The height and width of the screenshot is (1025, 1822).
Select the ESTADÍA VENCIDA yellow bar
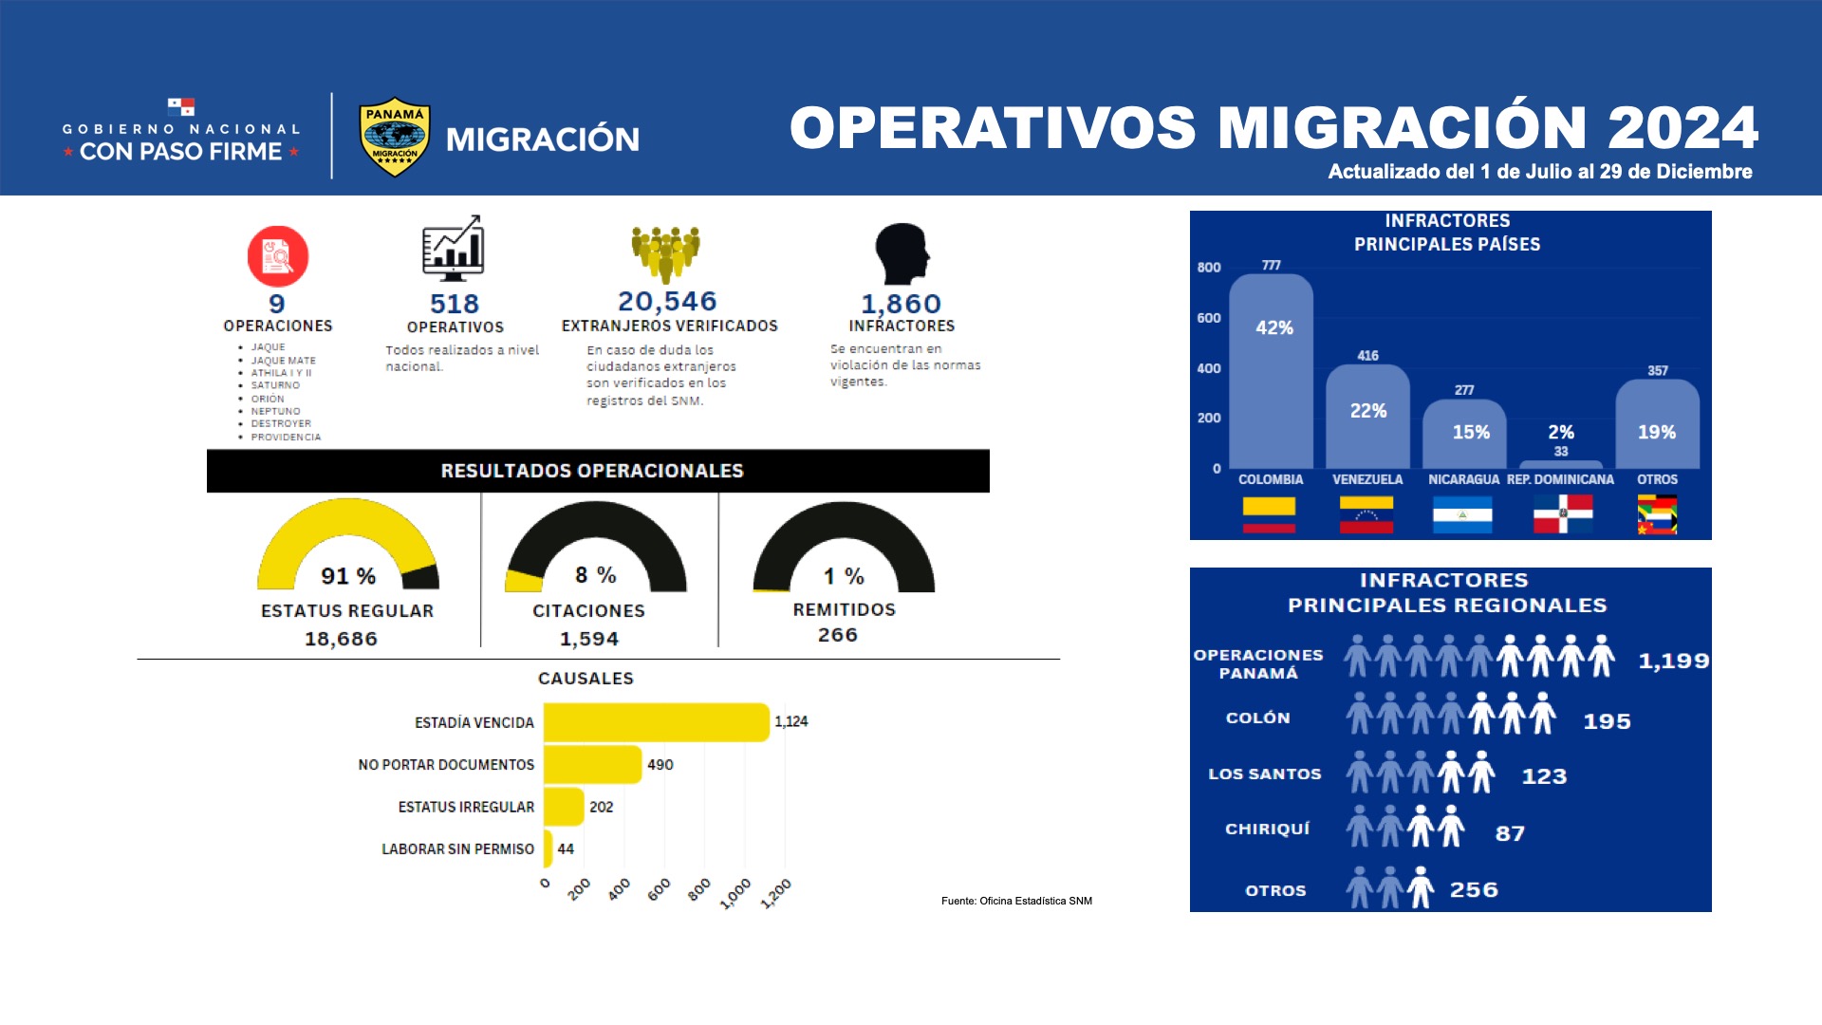[x=656, y=722]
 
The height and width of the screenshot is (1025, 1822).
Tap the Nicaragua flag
[x=1462, y=514]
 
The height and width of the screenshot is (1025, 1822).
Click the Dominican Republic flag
[x=1563, y=513]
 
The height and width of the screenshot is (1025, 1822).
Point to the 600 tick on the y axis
[x=1209, y=318]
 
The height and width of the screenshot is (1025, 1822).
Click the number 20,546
[x=667, y=301]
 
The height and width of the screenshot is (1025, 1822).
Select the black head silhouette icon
[x=902, y=253]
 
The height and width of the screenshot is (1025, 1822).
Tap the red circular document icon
[x=278, y=256]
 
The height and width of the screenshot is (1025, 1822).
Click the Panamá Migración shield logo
[x=395, y=138]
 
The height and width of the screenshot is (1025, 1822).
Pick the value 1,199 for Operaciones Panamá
[x=1674, y=661]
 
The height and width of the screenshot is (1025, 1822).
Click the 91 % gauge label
[x=348, y=576]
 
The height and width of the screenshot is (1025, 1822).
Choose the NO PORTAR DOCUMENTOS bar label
[x=446, y=765]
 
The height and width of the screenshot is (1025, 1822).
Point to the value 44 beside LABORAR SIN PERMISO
[x=566, y=848]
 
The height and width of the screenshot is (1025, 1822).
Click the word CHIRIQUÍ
[x=1267, y=829]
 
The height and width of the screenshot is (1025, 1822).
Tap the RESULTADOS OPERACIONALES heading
[x=592, y=471]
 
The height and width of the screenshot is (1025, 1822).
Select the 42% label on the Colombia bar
[x=1274, y=327]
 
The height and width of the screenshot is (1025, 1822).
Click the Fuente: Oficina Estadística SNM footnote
[x=1016, y=901]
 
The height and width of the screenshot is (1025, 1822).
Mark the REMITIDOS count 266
[x=838, y=635]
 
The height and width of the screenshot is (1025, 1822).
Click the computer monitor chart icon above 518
[x=453, y=248]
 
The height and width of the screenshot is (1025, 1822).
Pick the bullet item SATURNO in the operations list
[x=275, y=385]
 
